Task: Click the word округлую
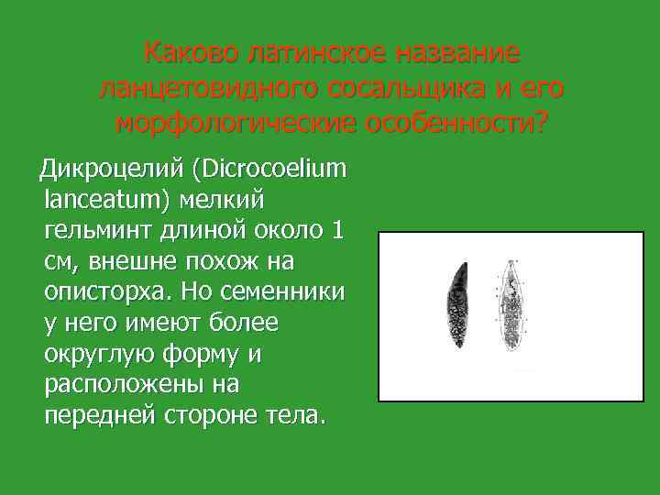click(x=105, y=355)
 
